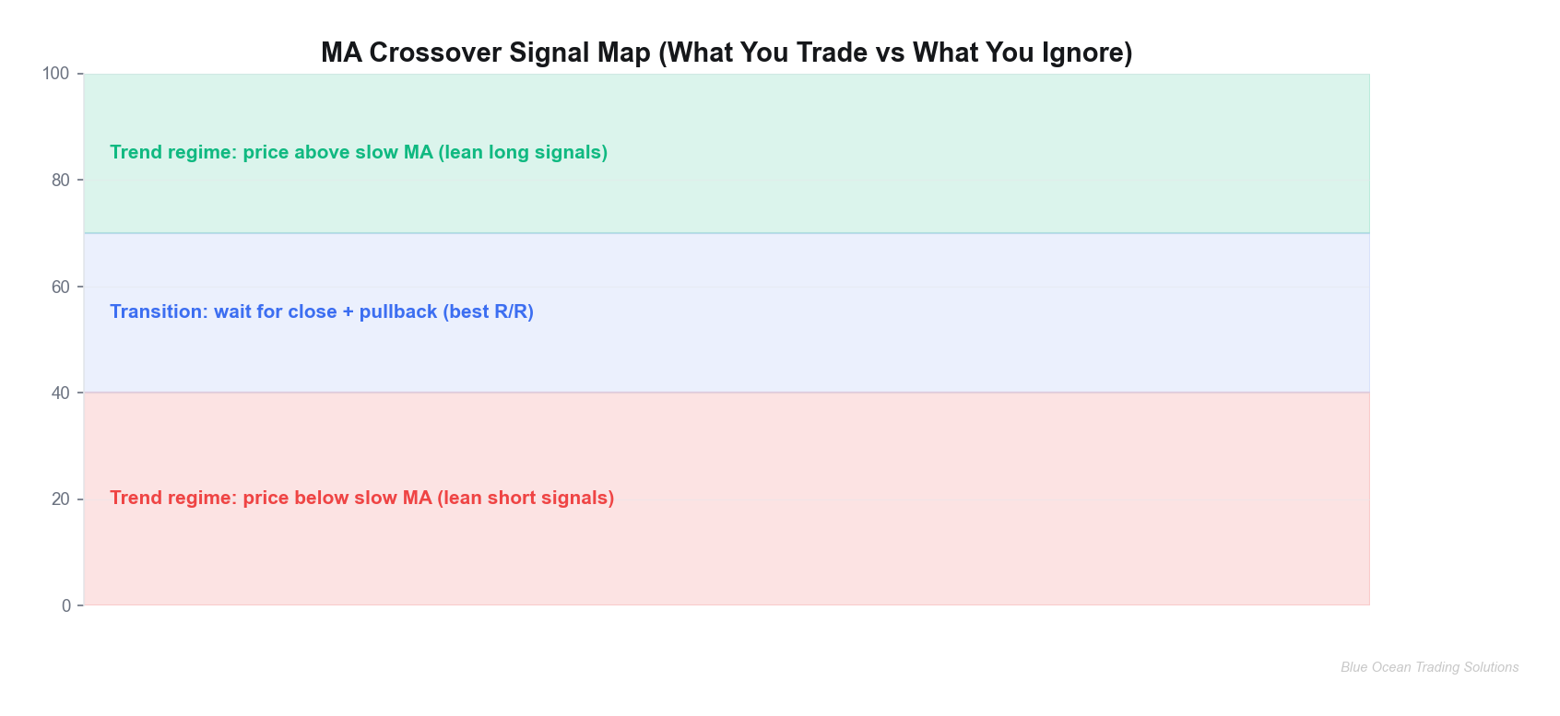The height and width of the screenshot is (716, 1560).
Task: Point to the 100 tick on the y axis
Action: [x=56, y=74]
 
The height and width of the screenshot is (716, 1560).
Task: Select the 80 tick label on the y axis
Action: [x=61, y=181]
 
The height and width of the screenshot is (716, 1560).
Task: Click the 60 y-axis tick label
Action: [x=61, y=288]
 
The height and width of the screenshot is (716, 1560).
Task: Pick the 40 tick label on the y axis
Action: [x=61, y=393]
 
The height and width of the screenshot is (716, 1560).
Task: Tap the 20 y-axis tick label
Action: [x=61, y=499]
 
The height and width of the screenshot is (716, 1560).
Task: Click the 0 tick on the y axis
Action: [x=66, y=605]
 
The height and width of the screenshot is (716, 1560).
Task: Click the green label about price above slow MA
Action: [x=359, y=152]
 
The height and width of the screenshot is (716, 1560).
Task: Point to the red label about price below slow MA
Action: [x=361, y=498]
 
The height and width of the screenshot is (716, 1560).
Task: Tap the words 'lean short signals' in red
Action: [x=526, y=498]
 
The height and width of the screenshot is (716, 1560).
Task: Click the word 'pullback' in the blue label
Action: [x=398, y=311]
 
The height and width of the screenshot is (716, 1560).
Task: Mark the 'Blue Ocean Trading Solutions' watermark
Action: [x=1429, y=667]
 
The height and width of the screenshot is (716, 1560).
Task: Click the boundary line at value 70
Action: [x=727, y=233]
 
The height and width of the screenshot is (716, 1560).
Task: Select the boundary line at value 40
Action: [x=727, y=393]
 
